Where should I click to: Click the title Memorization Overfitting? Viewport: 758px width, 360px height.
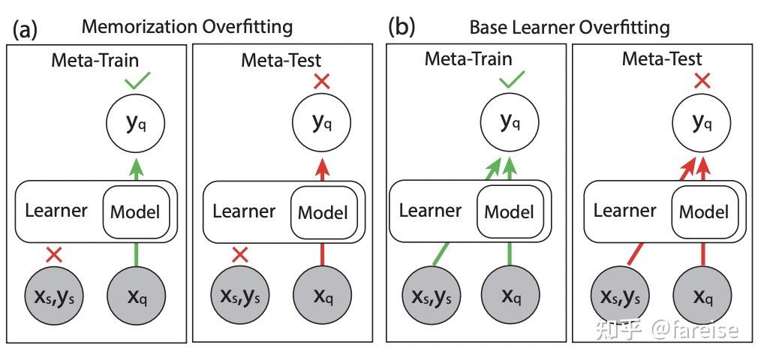point(187,26)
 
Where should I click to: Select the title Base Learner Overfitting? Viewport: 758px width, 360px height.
point(569,27)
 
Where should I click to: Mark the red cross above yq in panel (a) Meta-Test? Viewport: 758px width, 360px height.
point(322,81)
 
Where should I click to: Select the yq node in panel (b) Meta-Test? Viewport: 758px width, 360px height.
point(702,122)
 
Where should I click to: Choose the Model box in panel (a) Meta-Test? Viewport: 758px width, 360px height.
point(323,212)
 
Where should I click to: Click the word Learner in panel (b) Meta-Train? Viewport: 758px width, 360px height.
point(430,211)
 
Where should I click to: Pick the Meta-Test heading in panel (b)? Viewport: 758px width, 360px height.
point(662,58)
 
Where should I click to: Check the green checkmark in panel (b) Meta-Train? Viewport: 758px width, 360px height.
point(511,79)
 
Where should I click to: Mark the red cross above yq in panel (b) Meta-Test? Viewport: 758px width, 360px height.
point(702,80)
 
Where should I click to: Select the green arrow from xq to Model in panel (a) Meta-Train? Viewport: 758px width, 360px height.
point(135,253)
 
